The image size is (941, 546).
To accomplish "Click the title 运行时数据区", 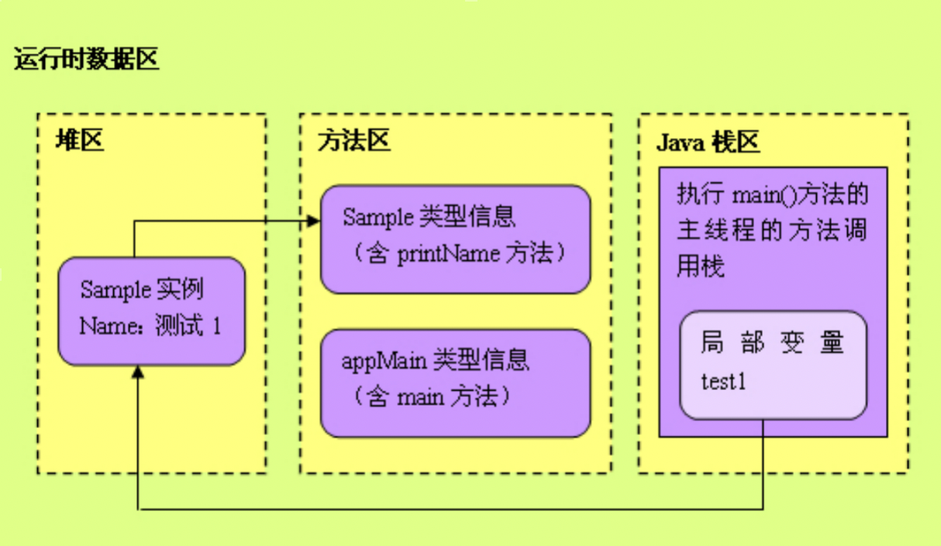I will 86,60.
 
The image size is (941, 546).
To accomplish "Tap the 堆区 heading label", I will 79,141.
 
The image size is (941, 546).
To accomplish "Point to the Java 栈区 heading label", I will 708,142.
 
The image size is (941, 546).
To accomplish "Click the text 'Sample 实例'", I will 142,290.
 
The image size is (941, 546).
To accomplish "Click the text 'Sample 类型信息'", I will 429,217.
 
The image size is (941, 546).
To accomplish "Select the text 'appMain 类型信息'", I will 435,360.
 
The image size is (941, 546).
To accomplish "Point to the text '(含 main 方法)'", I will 429,397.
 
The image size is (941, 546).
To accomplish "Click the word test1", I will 723,382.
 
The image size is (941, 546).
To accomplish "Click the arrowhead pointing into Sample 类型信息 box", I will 314,221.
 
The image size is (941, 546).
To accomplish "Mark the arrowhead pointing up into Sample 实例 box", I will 138,372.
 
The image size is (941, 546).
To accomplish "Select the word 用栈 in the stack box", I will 701,267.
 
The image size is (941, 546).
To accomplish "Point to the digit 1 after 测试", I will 216,327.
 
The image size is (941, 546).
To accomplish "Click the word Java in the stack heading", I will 679,142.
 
